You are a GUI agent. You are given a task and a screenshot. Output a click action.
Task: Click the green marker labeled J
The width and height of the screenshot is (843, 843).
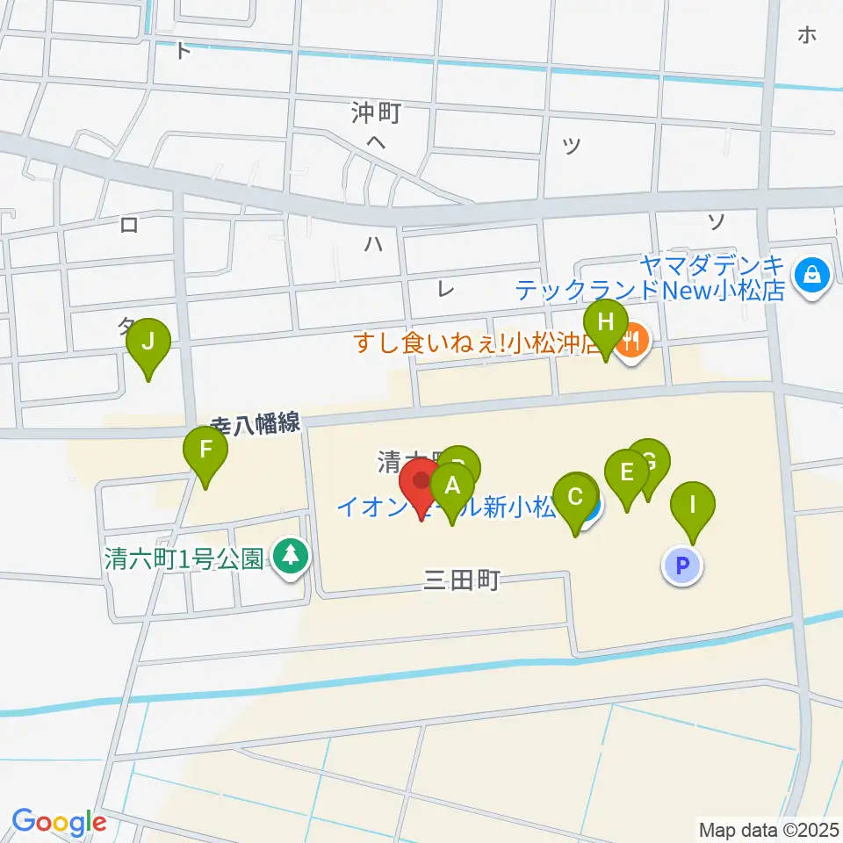point(148,341)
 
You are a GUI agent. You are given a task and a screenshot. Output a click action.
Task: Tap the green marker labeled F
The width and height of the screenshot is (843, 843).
point(205,450)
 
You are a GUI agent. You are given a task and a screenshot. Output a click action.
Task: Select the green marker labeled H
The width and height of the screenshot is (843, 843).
point(605,321)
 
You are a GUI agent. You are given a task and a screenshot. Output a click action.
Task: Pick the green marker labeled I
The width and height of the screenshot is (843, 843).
point(693,506)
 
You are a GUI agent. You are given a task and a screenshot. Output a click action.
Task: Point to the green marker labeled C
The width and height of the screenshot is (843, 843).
point(576,497)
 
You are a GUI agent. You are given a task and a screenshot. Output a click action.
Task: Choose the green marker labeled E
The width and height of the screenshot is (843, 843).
point(627,472)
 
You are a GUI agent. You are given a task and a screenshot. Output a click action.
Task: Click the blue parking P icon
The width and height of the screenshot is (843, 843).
point(683,565)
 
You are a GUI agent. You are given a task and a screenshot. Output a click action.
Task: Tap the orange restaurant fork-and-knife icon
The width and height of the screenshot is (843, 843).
point(633,337)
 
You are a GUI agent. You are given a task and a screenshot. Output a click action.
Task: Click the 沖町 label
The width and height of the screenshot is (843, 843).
point(376,112)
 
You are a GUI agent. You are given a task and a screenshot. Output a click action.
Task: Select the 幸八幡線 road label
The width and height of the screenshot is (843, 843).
point(256,423)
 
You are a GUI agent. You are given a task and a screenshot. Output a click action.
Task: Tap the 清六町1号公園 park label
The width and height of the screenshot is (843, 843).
point(184,559)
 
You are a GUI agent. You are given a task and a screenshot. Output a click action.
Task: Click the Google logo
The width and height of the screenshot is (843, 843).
point(59,822)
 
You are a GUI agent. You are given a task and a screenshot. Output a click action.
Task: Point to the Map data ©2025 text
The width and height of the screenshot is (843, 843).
point(768,829)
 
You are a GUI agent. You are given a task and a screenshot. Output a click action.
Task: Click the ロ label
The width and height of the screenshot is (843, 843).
point(129,226)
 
